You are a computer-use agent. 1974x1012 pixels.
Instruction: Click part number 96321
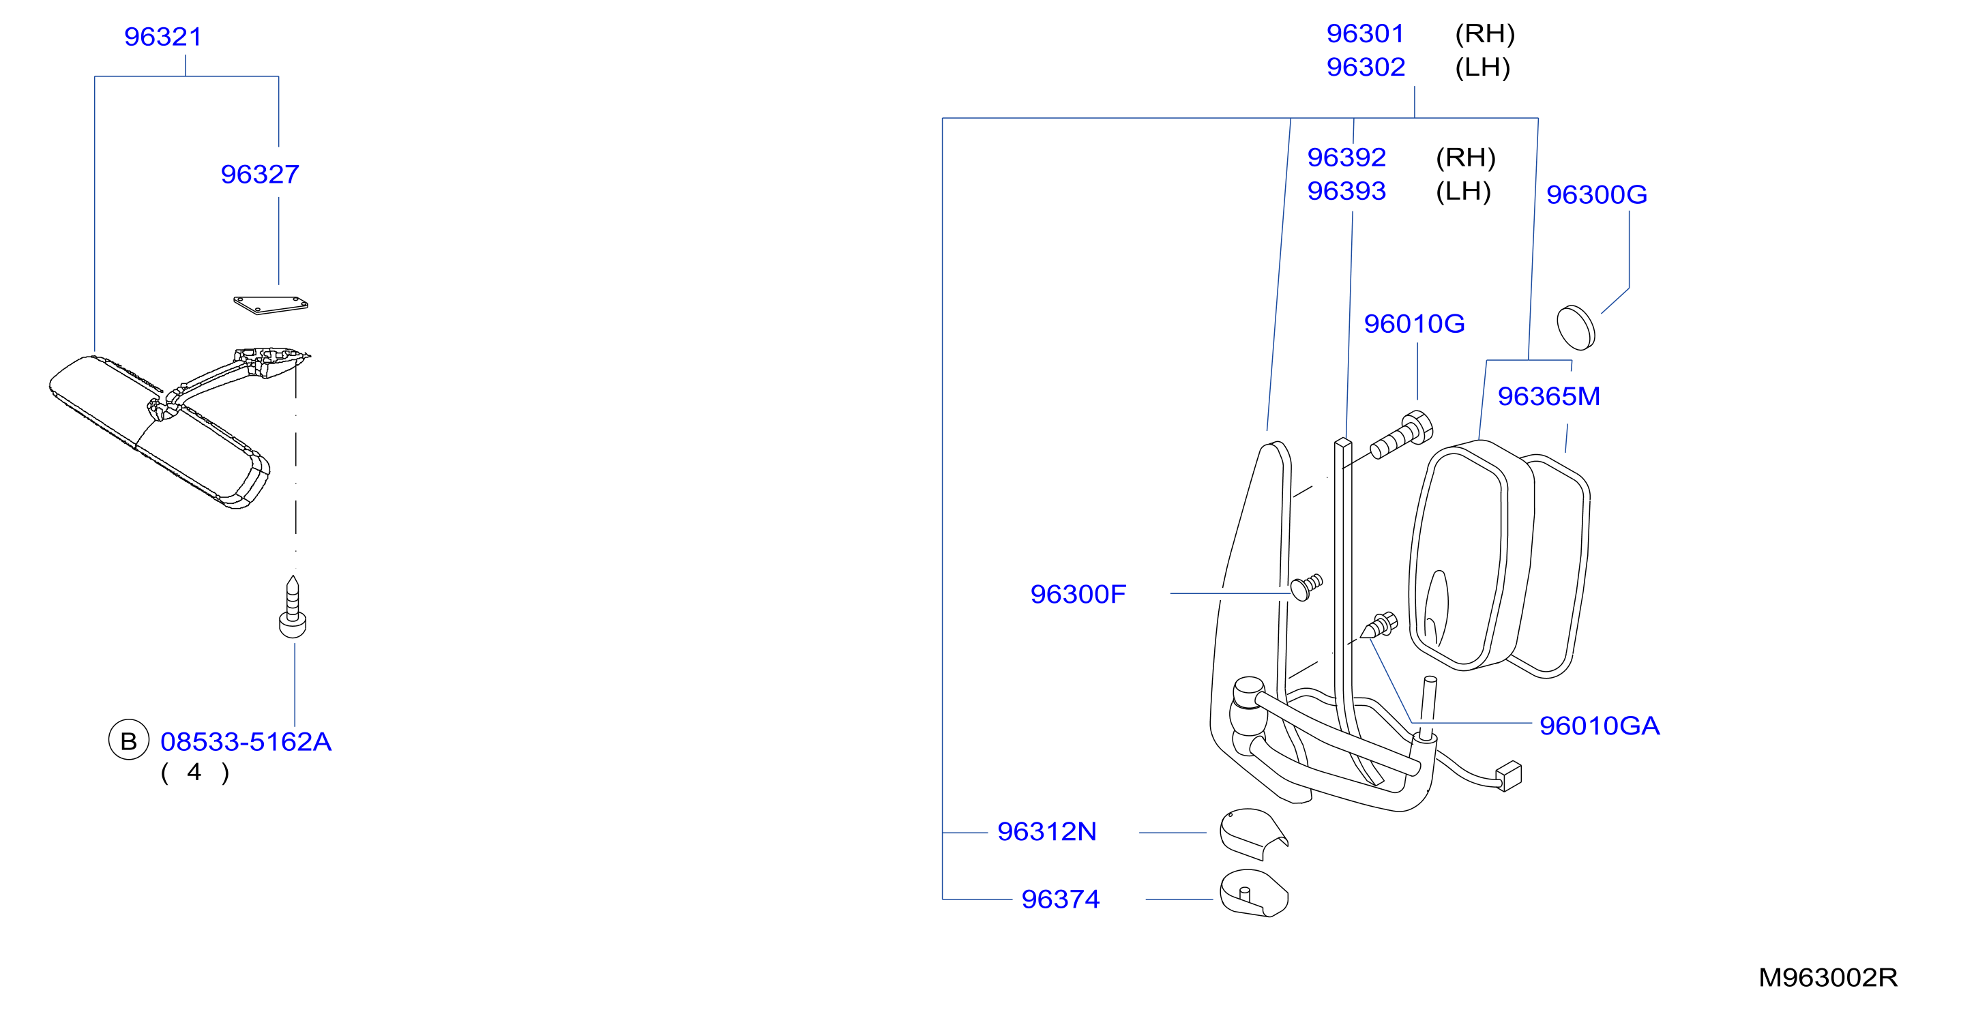click(163, 37)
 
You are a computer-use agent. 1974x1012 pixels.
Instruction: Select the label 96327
click(260, 174)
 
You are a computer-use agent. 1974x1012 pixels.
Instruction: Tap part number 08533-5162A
click(246, 741)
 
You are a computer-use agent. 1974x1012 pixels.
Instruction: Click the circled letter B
click(129, 740)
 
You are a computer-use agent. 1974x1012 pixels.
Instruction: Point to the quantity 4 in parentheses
click(194, 772)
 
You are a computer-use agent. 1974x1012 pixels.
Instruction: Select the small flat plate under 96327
click(271, 305)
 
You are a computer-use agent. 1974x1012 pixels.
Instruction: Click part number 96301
click(1366, 33)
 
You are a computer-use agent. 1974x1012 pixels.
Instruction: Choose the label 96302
click(1366, 68)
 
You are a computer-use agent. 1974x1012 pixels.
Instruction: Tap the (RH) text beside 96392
click(1465, 157)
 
